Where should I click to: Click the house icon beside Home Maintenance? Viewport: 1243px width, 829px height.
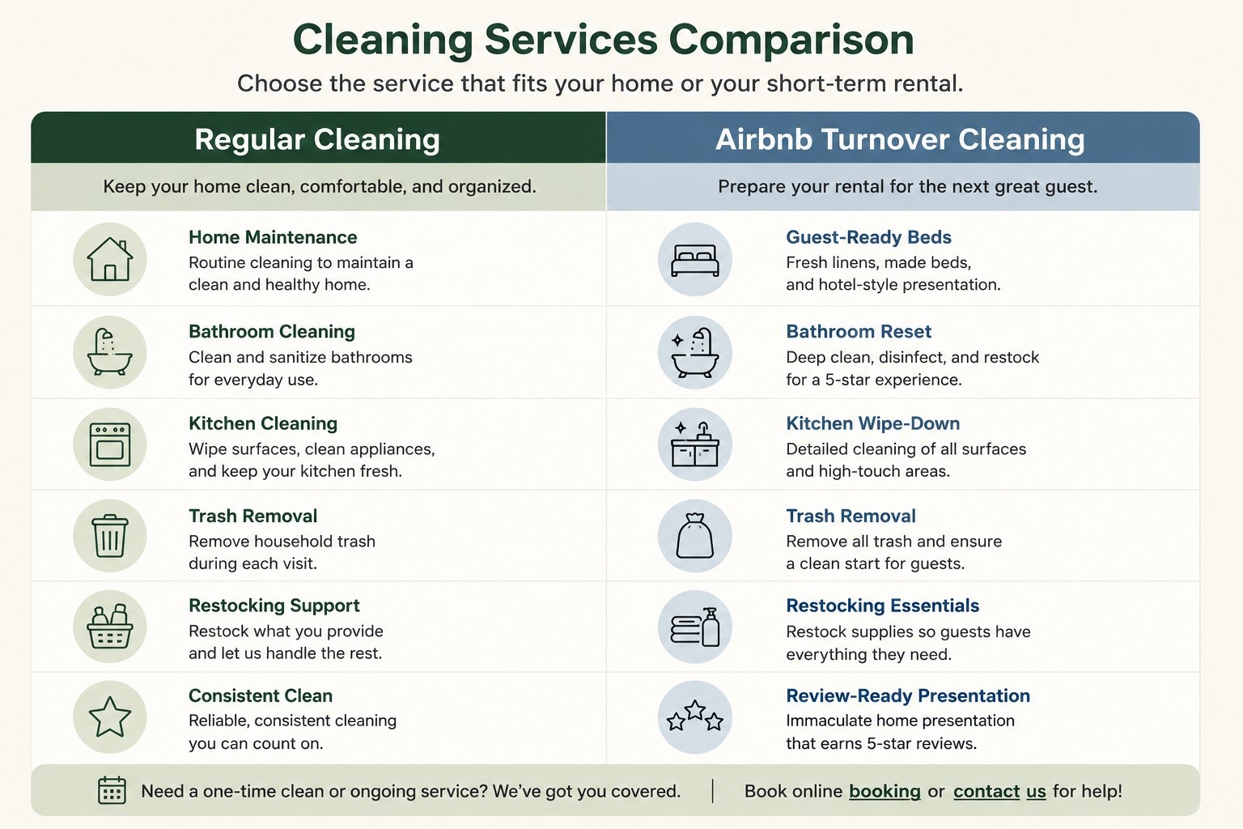(110, 259)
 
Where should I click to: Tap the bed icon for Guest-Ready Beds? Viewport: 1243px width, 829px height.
(695, 260)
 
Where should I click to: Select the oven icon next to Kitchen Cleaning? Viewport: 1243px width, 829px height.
(110, 444)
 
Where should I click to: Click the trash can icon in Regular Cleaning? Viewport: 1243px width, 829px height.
(110, 536)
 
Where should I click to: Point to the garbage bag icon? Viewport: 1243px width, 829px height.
(695, 536)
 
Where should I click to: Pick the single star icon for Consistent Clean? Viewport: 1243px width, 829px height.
(110, 716)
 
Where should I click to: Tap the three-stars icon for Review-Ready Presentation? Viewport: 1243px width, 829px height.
(695, 716)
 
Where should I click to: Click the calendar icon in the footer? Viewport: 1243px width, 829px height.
(112, 790)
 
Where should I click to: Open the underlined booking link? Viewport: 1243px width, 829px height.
(885, 791)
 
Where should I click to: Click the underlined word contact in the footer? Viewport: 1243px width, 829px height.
(986, 791)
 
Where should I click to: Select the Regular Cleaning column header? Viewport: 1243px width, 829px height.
(317, 138)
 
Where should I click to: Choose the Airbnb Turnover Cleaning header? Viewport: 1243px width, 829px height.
(900, 138)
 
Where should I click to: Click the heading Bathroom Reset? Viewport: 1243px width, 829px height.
(859, 331)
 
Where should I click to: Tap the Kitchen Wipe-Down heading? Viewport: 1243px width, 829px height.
(873, 423)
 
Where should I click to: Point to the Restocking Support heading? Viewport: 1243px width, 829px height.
(274, 606)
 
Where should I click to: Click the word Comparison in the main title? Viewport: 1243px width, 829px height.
(791, 40)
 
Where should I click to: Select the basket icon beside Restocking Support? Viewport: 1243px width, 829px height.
(110, 627)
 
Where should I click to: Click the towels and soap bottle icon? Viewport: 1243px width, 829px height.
(695, 627)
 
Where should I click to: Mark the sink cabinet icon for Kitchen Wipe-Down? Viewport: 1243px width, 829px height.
(695, 444)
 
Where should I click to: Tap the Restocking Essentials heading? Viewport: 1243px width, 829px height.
(882, 606)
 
